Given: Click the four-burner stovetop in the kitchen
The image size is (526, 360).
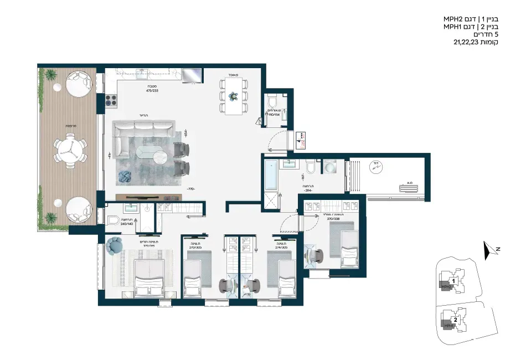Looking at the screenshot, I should [110, 100].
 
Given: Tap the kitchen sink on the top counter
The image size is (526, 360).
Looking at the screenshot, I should [142, 71].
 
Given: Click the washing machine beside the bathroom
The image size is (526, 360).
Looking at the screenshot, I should [331, 167].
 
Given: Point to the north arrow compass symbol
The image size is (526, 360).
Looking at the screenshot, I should [488, 251].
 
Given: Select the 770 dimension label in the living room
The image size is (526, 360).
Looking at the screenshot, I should [192, 189].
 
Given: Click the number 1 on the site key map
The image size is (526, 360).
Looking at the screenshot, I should [453, 281].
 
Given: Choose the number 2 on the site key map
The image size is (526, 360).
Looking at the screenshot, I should [455, 320].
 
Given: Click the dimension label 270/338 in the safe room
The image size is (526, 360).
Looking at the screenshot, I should [332, 218].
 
